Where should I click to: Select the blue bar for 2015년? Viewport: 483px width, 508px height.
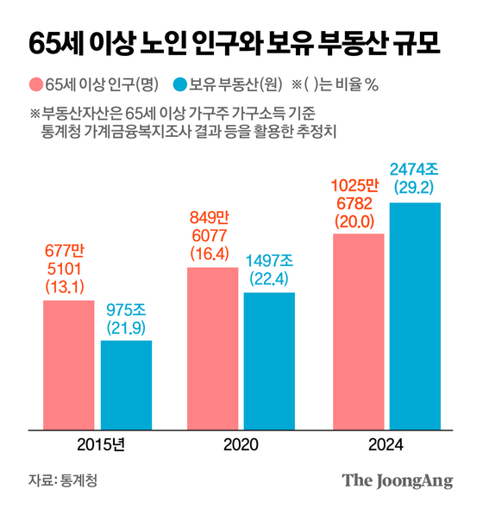126,384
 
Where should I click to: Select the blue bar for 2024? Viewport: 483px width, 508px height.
415,315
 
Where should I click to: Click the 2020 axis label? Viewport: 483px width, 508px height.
241,446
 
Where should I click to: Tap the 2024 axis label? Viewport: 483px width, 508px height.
386,446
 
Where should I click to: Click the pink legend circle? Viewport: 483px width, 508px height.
36,84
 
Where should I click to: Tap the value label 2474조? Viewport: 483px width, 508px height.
415,166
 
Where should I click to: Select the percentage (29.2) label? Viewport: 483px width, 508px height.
415,186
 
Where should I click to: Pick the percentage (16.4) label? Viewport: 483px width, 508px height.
212,253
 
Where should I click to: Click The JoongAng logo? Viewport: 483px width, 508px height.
398,480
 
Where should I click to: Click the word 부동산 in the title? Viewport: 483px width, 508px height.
356,43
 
